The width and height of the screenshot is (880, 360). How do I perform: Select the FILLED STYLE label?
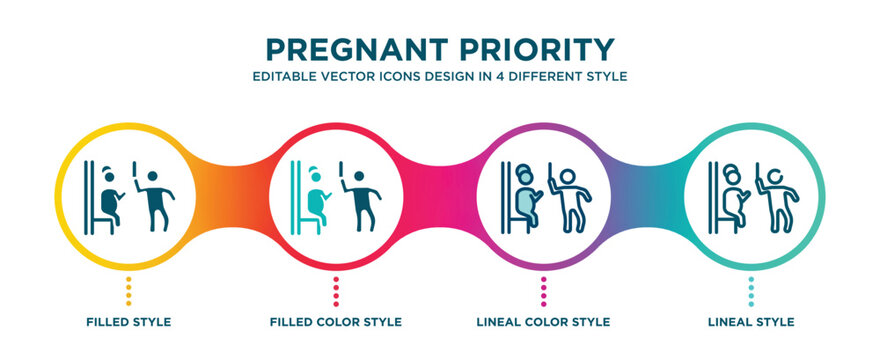click(128, 322)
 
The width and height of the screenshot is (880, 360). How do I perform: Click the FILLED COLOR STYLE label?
click(336, 322)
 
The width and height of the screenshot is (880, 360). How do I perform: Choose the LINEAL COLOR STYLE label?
click(544, 322)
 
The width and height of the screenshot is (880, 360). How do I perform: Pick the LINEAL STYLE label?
click(752, 322)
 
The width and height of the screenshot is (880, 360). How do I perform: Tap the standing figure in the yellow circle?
click(153, 196)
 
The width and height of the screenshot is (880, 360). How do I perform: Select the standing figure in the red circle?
click(361, 196)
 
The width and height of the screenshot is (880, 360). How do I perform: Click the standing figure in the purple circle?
click(569, 196)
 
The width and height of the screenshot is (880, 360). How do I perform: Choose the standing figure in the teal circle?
click(777, 196)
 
